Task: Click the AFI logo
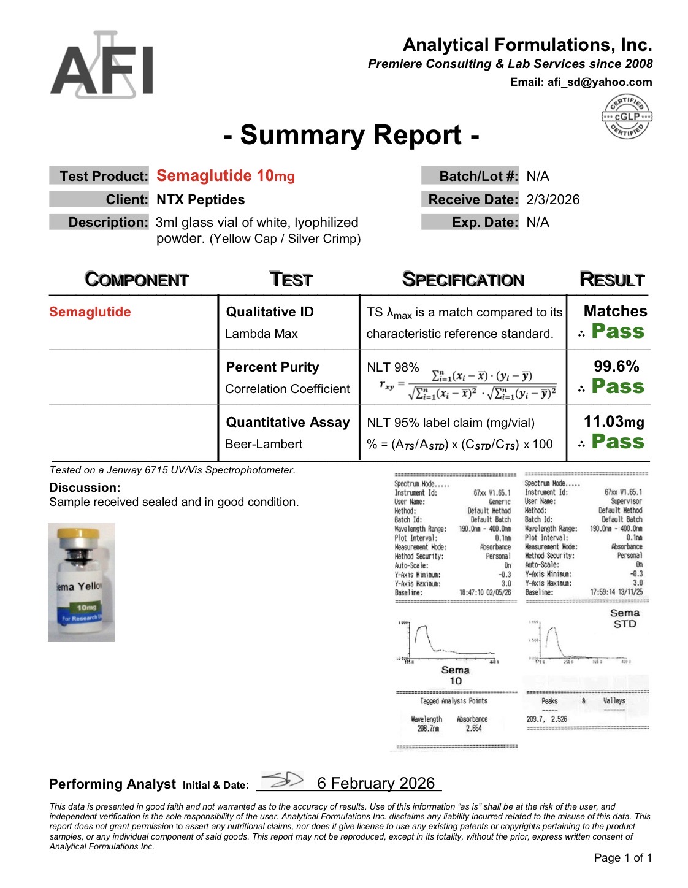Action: pos(102,66)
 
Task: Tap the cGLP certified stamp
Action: pos(627,117)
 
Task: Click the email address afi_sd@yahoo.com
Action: pos(599,82)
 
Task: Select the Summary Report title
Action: pos(351,135)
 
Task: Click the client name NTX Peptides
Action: pos(201,200)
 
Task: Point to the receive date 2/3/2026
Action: pos(552,200)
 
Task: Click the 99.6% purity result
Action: pos(616,367)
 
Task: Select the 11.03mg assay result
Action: pos(614,422)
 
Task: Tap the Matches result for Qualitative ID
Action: pos(615,312)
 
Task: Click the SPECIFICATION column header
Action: pos(463,280)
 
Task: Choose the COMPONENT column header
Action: pos(136,280)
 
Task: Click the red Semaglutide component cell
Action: pos(90,312)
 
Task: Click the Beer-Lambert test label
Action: pos(264,444)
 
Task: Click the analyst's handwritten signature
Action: pos(282,780)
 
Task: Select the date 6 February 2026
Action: pos(376,784)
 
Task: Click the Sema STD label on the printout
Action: pos(625,618)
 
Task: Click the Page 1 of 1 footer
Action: pos(622,858)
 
